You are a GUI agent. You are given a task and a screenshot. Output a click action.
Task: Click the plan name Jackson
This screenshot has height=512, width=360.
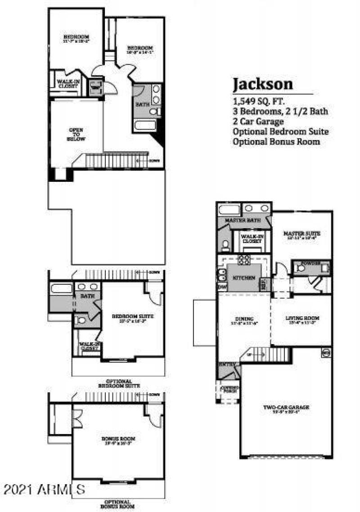point(262,84)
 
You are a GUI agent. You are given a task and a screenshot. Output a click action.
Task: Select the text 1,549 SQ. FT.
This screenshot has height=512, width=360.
point(258,101)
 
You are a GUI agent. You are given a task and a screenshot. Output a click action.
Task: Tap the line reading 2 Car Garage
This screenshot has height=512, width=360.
point(258,121)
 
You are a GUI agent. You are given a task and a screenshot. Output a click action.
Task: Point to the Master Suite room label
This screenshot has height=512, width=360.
point(301,234)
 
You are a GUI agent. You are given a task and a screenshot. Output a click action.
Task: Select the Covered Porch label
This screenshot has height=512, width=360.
point(229,389)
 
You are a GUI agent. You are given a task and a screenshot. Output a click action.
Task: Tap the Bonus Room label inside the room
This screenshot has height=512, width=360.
point(118,438)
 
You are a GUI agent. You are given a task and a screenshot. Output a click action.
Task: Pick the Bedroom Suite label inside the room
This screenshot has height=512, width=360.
point(132,317)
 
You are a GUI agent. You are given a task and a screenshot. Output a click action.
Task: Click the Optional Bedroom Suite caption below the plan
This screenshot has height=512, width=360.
point(119,383)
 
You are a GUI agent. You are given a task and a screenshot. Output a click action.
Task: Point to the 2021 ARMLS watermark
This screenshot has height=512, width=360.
point(44,488)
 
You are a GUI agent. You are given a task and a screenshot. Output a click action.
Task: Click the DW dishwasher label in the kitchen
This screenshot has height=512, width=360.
point(222,287)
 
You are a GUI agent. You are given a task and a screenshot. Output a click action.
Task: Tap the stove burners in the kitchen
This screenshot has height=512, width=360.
point(244,259)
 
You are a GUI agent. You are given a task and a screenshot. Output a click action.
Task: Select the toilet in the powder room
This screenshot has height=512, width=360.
point(301,269)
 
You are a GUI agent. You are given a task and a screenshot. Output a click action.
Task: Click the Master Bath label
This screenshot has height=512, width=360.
point(238,220)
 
